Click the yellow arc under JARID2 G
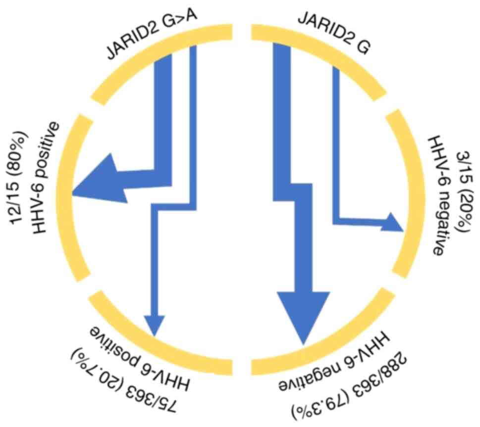pyautogui.click(x=327, y=54)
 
